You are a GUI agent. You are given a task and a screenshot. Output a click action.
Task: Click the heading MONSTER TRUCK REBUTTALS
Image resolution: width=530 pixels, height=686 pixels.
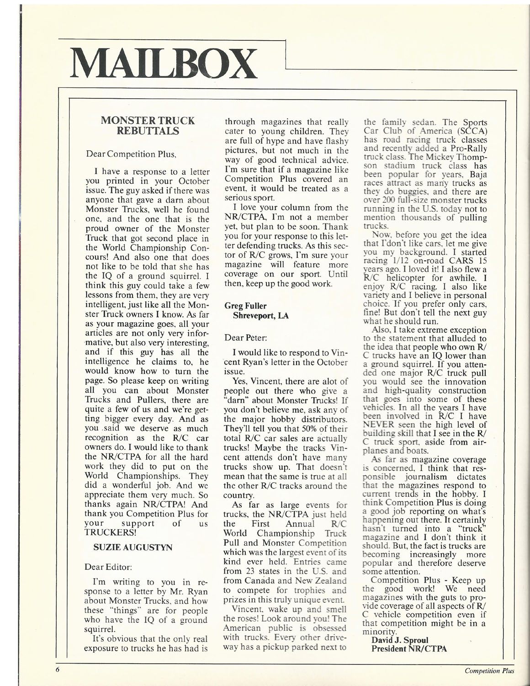(148, 126)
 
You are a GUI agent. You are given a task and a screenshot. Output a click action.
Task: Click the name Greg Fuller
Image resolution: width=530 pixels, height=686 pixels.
(246, 306)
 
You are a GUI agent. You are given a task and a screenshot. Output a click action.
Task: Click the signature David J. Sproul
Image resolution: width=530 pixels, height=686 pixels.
(400, 639)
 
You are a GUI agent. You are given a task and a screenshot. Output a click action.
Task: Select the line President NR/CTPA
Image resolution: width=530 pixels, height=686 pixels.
(408, 648)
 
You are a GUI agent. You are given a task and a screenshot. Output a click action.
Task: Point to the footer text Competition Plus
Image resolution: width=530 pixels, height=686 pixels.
(489, 671)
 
